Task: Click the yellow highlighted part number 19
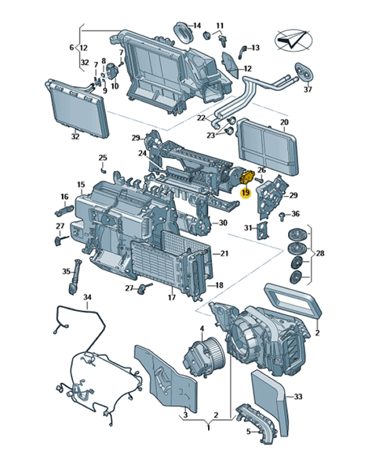point(246,193)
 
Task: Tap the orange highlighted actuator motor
point(247,178)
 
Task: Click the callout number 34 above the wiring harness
point(87,297)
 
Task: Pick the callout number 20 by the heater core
point(284,122)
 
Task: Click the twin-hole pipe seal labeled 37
point(304,72)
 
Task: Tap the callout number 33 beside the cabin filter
point(297,397)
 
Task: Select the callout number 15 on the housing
point(81,184)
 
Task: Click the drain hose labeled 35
point(74,277)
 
